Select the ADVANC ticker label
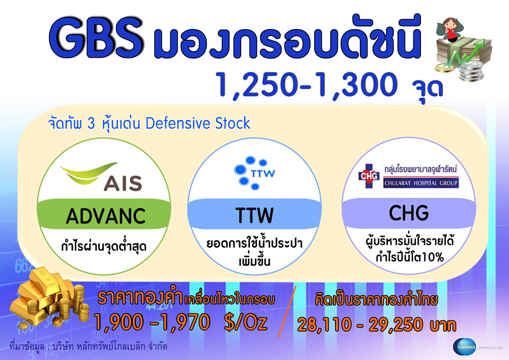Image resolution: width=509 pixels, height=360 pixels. tap(106, 216)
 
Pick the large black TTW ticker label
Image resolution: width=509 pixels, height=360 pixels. tap(254, 215)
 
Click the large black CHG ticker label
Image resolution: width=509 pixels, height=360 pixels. tap(409, 213)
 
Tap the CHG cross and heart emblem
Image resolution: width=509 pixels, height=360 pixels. tap(369, 176)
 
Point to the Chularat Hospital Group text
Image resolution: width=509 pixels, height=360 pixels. tap(421, 183)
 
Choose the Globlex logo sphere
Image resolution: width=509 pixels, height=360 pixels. tap(464, 347)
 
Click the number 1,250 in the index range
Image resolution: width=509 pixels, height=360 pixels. tap(257, 85)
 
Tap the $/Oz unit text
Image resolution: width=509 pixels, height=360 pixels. tap(246, 322)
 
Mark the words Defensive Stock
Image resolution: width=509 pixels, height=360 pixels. tap(198, 123)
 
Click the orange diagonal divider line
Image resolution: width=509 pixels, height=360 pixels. tap(287, 311)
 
